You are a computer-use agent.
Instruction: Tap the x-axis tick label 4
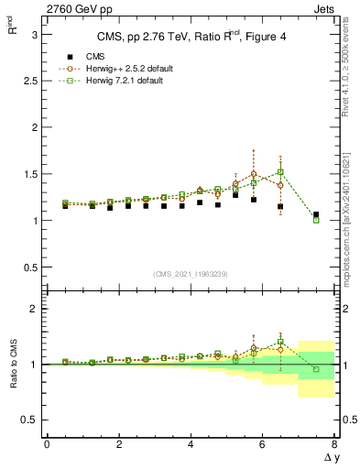pos(191,444)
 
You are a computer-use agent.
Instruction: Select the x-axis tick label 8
pos(334,444)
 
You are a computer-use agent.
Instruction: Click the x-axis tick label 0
pos(47,444)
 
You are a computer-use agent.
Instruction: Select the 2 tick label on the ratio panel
pos(33,309)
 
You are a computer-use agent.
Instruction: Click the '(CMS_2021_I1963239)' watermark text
pos(191,274)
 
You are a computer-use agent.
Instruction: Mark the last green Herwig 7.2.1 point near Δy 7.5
pos(316,220)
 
